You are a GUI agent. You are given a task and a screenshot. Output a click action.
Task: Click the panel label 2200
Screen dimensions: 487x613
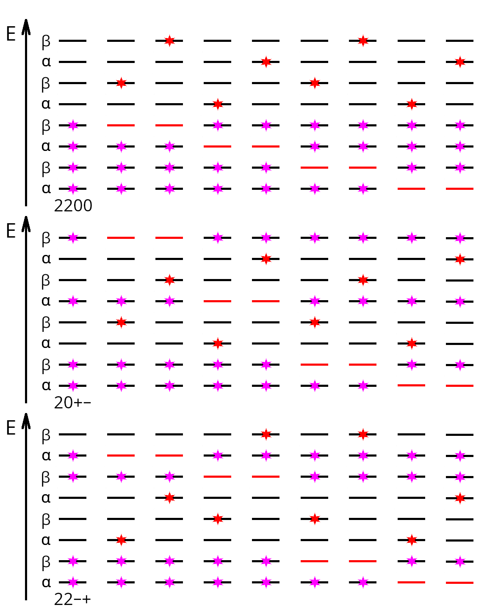pyautogui.click(x=73, y=205)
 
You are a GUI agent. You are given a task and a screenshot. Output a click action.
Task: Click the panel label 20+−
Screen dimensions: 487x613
pyautogui.click(x=72, y=403)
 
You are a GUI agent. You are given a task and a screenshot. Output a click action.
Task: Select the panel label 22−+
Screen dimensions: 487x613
pyautogui.click(x=72, y=599)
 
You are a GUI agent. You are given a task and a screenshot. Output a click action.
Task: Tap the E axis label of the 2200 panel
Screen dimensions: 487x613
pyautogui.click(x=11, y=34)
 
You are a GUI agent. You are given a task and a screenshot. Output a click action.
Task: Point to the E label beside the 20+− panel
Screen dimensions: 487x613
pyautogui.click(x=11, y=231)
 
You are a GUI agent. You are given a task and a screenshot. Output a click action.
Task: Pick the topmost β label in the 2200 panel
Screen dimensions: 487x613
pyautogui.click(x=46, y=41)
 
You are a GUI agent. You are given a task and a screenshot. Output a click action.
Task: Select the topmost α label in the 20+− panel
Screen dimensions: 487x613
pyautogui.click(x=46, y=259)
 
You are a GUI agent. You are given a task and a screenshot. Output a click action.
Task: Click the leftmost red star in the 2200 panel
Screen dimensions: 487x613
pyautogui.click(x=121, y=83)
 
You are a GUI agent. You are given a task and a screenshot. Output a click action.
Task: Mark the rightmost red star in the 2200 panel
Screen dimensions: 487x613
pyautogui.click(x=460, y=62)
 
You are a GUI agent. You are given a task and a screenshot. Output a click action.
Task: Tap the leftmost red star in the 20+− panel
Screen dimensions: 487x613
pyautogui.click(x=121, y=323)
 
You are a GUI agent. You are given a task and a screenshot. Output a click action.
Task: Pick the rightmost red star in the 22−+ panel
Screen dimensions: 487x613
pyautogui.click(x=460, y=498)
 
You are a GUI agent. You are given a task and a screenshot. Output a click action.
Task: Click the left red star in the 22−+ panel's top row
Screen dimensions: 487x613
pyautogui.click(x=266, y=435)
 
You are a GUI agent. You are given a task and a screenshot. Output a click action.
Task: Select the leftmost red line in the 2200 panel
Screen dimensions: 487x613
pyautogui.click(x=121, y=125)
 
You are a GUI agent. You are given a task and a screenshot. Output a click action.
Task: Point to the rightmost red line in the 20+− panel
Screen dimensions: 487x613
pyautogui.click(x=459, y=386)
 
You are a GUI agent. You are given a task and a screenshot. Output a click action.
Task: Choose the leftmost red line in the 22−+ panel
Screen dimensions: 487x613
pyautogui.click(x=121, y=455)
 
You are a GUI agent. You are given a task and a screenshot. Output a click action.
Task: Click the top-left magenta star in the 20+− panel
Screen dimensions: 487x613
pyautogui.click(x=73, y=238)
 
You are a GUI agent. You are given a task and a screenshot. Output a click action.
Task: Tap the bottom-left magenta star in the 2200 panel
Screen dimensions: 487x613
pyautogui.click(x=73, y=189)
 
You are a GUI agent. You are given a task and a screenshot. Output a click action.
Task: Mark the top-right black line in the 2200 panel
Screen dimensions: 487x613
pyautogui.click(x=459, y=41)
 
